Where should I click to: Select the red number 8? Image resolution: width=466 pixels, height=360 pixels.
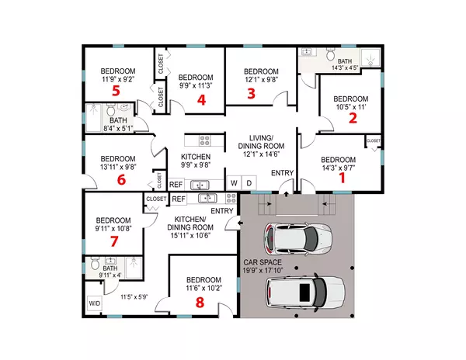pos(250,95)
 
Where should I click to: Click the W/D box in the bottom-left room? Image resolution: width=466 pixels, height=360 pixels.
pos(94,303)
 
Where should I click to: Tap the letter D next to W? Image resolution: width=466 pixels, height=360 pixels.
pos(249,183)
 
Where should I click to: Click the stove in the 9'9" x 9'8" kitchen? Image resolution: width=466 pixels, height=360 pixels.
pos(206,141)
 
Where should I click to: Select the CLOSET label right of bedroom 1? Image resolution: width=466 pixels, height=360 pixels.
pos(373,140)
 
